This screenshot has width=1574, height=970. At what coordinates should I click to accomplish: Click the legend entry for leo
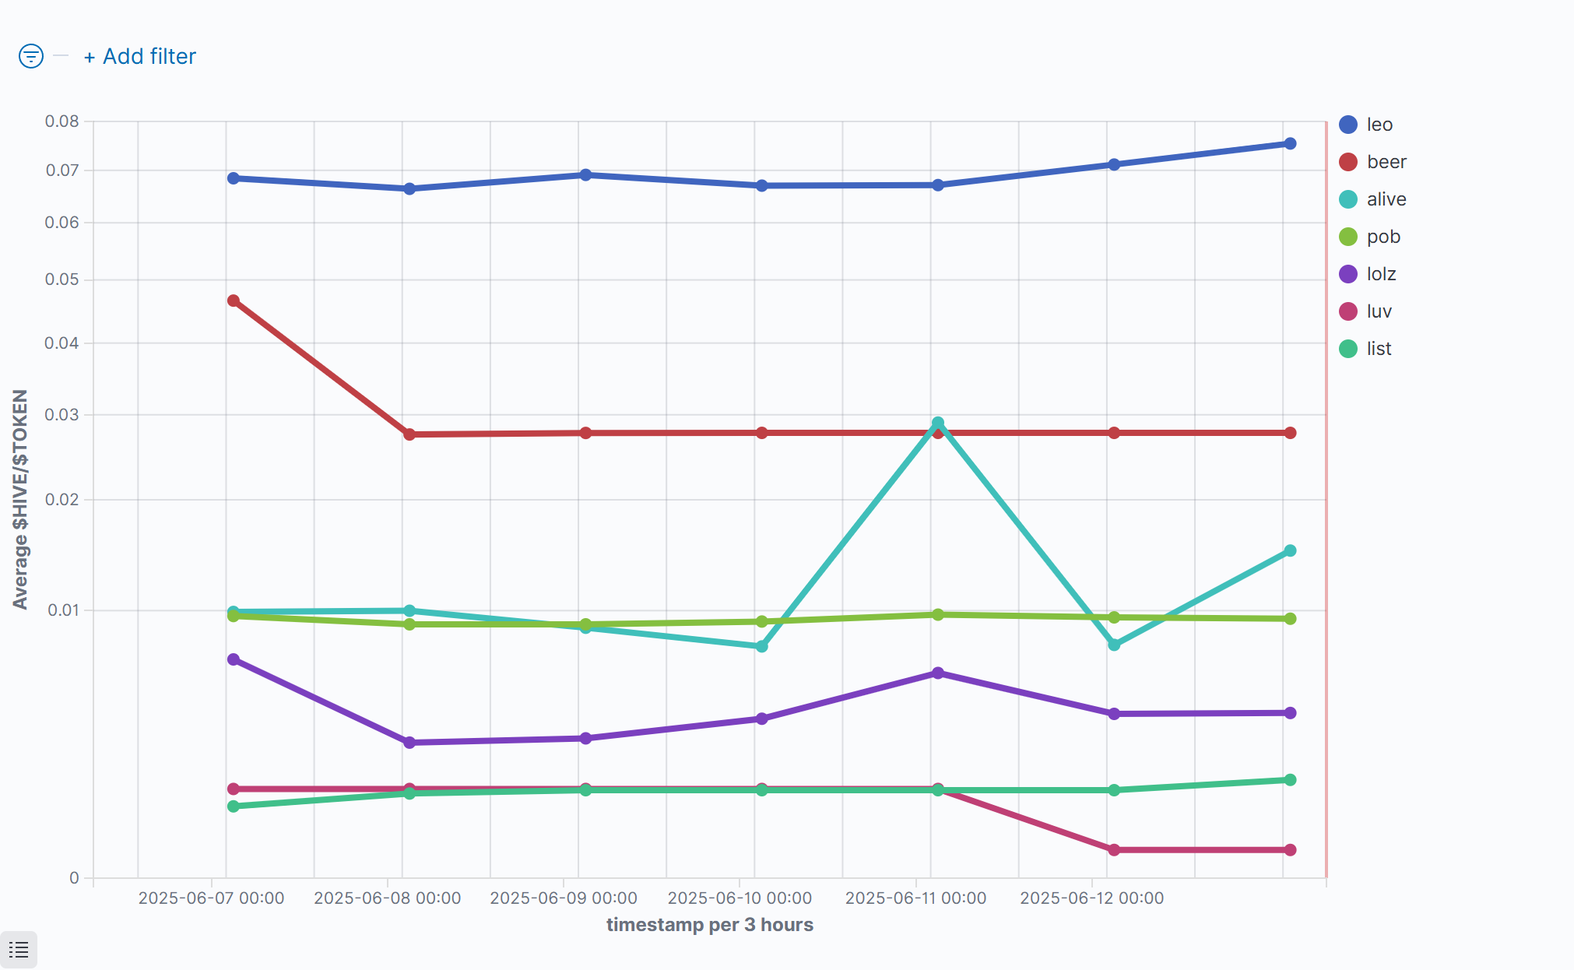click(x=1379, y=125)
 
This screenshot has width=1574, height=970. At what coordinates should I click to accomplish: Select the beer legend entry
click(x=1386, y=162)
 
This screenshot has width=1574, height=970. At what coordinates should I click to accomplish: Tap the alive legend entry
click(x=1386, y=199)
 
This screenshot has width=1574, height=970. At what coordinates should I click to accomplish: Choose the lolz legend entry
click(x=1381, y=274)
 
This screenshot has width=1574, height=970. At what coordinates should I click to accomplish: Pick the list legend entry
click(x=1379, y=349)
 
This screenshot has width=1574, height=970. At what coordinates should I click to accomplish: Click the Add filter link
click(x=141, y=57)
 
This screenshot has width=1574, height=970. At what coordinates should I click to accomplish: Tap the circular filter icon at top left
click(x=31, y=56)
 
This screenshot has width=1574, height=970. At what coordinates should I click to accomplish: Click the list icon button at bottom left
click(x=19, y=950)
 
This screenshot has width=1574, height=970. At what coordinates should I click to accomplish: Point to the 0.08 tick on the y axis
click(x=62, y=121)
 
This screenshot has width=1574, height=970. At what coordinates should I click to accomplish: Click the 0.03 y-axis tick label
click(x=62, y=415)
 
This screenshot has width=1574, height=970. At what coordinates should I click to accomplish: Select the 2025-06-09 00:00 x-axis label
click(x=564, y=898)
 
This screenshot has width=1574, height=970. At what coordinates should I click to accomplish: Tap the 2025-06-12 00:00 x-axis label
click(x=1091, y=898)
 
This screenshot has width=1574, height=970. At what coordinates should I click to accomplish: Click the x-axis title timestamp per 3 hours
click(x=709, y=925)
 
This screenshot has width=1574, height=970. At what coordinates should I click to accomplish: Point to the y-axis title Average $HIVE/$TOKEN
click(x=20, y=499)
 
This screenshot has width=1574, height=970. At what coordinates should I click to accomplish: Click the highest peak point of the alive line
click(x=938, y=423)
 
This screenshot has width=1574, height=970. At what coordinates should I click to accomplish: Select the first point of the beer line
click(x=234, y=300)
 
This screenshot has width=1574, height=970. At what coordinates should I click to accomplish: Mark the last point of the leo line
click(x=1290, y=144)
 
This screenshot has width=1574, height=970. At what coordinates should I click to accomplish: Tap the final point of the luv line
click(x=1290, y=850)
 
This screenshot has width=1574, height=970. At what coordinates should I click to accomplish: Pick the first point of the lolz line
click(x=234, y=660)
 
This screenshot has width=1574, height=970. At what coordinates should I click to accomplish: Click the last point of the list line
click(x=1290, y=780)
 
